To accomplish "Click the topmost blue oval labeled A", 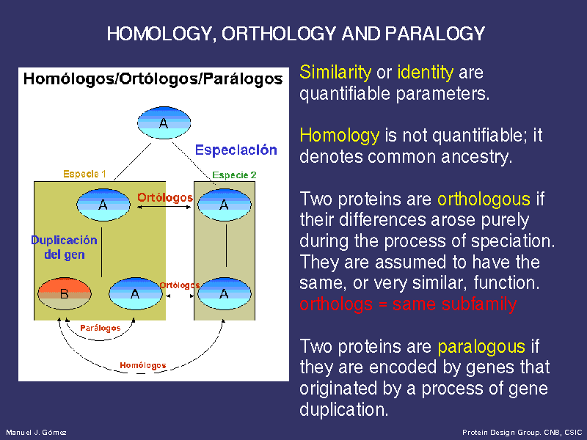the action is pos(164,122).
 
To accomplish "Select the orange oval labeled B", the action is pos(65,294).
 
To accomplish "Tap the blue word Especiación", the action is pos(236,150).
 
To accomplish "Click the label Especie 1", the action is pos(84,174).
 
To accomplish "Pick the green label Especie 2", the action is pos(234,175).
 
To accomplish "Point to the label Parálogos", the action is pos(101,328).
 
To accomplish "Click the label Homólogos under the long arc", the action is pos(143,365).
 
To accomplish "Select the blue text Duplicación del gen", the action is pos(65,247).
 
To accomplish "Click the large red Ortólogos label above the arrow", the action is pos(165,197).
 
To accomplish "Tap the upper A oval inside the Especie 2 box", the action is pos(225,205).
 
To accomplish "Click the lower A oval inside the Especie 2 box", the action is pos(225,294).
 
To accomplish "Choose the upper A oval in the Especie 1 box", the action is pos(103,205).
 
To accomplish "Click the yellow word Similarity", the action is pos(335,72).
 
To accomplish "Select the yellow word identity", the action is pos(426,72).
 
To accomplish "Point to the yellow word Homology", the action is pos(340,135).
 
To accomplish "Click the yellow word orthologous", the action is pos(484,199).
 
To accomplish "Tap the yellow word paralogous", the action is pos(481,346).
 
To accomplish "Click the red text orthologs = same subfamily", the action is pos(408,304).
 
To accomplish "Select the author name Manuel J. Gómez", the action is pos(36,433).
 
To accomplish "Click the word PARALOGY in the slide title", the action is pos(435,34).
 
